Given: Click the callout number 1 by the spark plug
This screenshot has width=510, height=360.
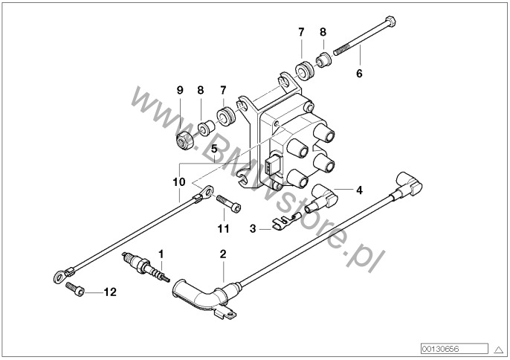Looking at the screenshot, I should pyautogui.click(x=160, y=254).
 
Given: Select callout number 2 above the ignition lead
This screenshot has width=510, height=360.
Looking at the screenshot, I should pyautogui.click(x=222, y=254).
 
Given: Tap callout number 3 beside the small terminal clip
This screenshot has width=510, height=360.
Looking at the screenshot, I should pyautogui.click(x=252, y=230).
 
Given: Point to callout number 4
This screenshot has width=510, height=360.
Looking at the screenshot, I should pyautogui.click(x=359, y=190).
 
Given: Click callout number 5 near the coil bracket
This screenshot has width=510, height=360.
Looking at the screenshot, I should pyautogui.click(x=213, y=149).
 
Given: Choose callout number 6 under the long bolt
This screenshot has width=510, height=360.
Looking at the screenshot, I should pyautogui.click(x=359, y=74).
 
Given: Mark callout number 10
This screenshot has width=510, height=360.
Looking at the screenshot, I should pyautogui.click(x=178, y=181).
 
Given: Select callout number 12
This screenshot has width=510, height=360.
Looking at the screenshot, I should pyautogui.click(x=109, y=293).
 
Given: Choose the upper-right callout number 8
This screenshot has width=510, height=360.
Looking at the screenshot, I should pyautogui.click(x=323, y=33).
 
